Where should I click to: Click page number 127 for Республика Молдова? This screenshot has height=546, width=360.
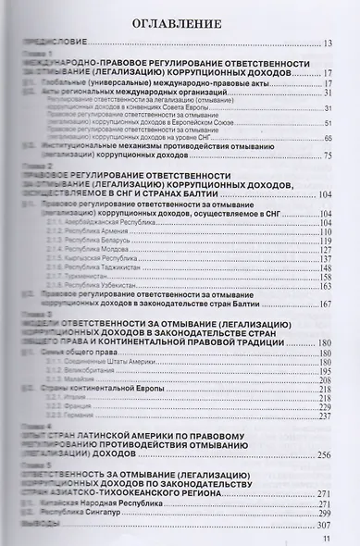[338, 250]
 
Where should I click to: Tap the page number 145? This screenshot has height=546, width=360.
[338, 268]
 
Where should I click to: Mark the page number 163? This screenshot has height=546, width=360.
[338, 286]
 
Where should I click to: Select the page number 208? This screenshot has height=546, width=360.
[338, 379]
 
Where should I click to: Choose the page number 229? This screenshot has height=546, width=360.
[338, 407]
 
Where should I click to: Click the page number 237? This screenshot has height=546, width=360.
[338, 416]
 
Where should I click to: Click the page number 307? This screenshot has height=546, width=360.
[338, 523]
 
